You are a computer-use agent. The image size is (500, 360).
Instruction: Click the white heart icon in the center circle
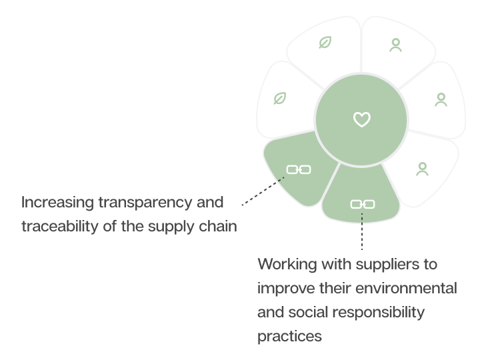click(x=361, y=120)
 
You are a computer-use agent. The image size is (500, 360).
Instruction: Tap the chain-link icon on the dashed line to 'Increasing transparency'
click(x=298, y=169)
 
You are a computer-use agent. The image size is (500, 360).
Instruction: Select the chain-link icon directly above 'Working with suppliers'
click(x=362, y=203)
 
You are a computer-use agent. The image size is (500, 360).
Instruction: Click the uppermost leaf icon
click(x=325, y=43)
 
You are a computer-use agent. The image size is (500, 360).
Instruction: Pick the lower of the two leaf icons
click(x=280, y=99)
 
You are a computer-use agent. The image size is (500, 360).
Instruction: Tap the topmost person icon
click(x=395, y=45)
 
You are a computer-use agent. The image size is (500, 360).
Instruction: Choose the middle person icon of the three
click(x=441, y=100)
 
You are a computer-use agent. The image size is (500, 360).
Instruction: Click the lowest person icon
click(x=422, y=169)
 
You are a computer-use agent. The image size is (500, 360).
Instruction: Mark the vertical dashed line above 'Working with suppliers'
click(x=362, y=230)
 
